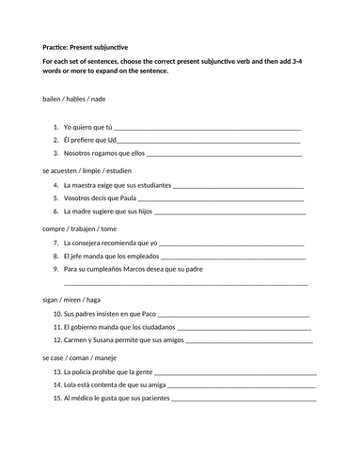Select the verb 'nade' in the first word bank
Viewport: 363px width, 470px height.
[106, 99]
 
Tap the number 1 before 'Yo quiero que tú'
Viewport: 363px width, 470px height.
[55, 126]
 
